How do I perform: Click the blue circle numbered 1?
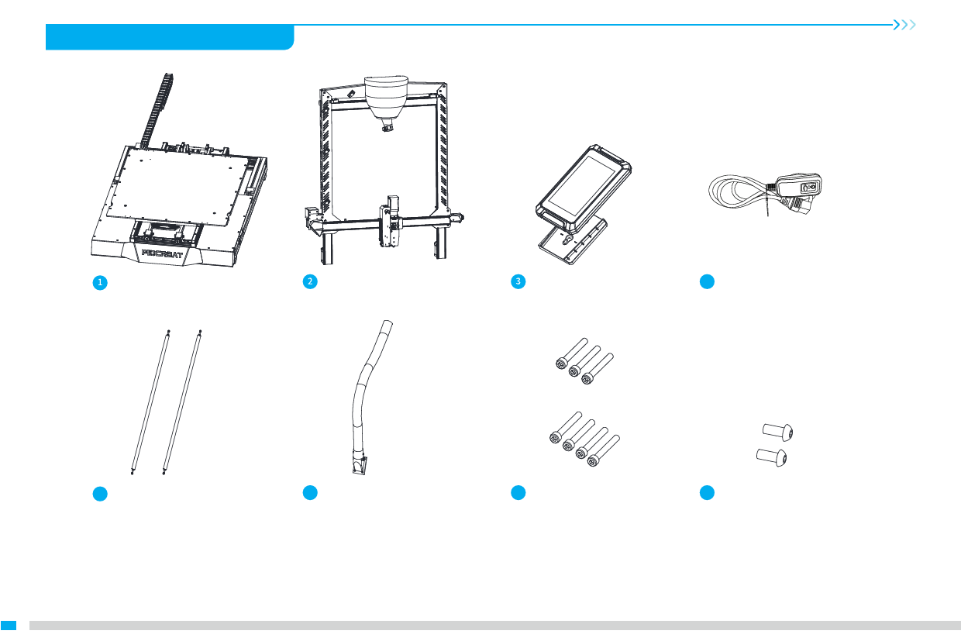click(100, 282)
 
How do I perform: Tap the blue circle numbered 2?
click(310, 281)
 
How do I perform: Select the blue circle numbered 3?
click(518, 281)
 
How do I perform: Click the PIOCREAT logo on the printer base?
click(162, 253)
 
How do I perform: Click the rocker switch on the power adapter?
click(810, 187)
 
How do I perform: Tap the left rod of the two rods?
click(150, 402)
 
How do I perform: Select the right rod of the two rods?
click(182, 402)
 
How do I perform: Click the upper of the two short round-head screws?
click(777, 432)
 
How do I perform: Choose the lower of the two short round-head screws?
click(771, 457)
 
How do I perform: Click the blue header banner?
click(170, 37)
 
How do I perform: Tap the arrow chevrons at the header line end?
click(904, 25)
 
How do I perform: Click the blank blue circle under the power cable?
click(707, 281)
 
